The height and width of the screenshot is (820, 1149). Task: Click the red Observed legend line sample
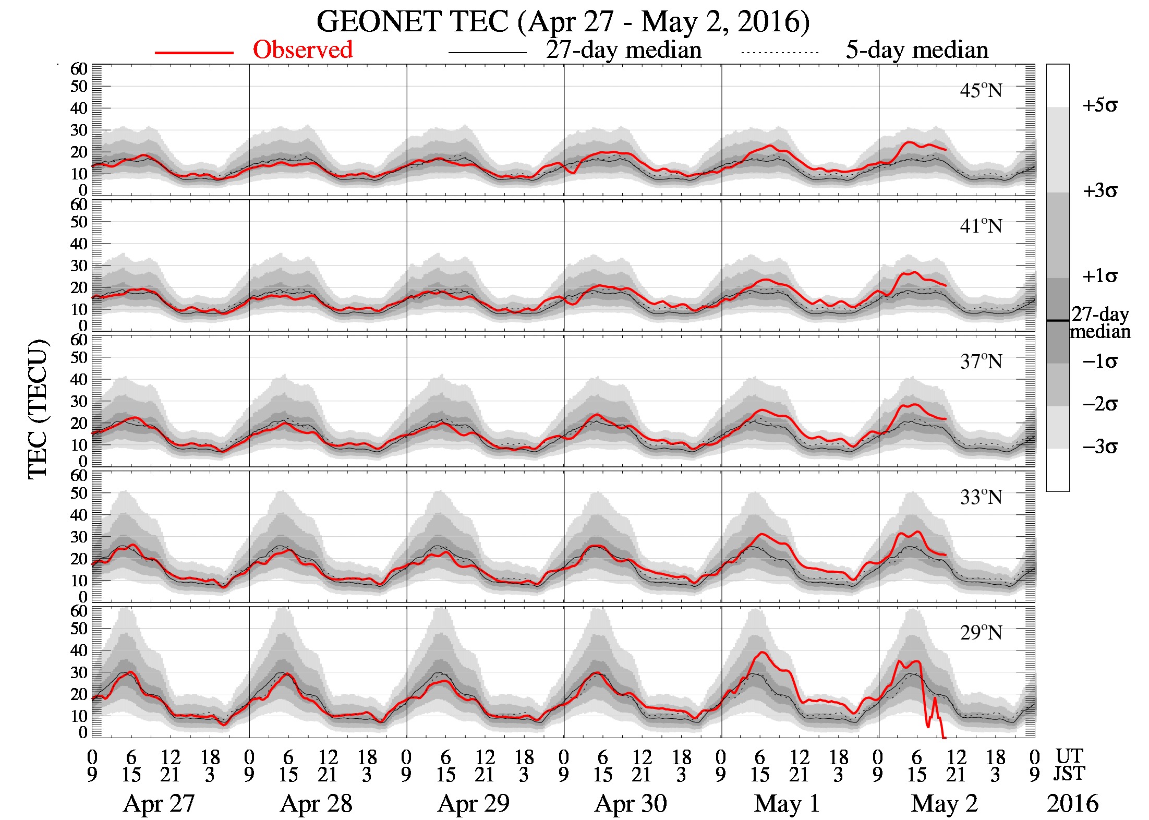click(193, 53)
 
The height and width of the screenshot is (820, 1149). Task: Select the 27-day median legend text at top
click(623, 50)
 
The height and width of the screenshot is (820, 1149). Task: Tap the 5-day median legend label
click(916, 50)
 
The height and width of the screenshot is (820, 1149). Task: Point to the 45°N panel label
click(981, 91)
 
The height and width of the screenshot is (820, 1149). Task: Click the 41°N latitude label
click(981, 226)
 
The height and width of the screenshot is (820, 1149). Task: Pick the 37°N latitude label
click(981, 362)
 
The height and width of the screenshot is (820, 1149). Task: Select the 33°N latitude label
click(981, 498)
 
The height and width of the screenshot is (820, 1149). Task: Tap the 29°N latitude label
click(981, 633)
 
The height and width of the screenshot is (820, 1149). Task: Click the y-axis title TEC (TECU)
click(38, 409)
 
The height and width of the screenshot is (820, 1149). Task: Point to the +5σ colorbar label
click(1099, 106)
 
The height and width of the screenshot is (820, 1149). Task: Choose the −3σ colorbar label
click(1099, 447)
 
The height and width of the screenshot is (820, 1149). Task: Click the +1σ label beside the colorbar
click(1099, 276)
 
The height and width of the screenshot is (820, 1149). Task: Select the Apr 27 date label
click(159, 804)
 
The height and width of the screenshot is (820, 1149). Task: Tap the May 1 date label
click(787, 804)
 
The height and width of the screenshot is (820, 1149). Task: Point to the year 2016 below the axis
click(1072, 804)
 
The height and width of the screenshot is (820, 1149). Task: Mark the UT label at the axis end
click(1069, 756)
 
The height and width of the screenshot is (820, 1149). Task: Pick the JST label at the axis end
click(1069, 774)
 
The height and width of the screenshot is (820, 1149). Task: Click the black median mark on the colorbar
click(1057, 320)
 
